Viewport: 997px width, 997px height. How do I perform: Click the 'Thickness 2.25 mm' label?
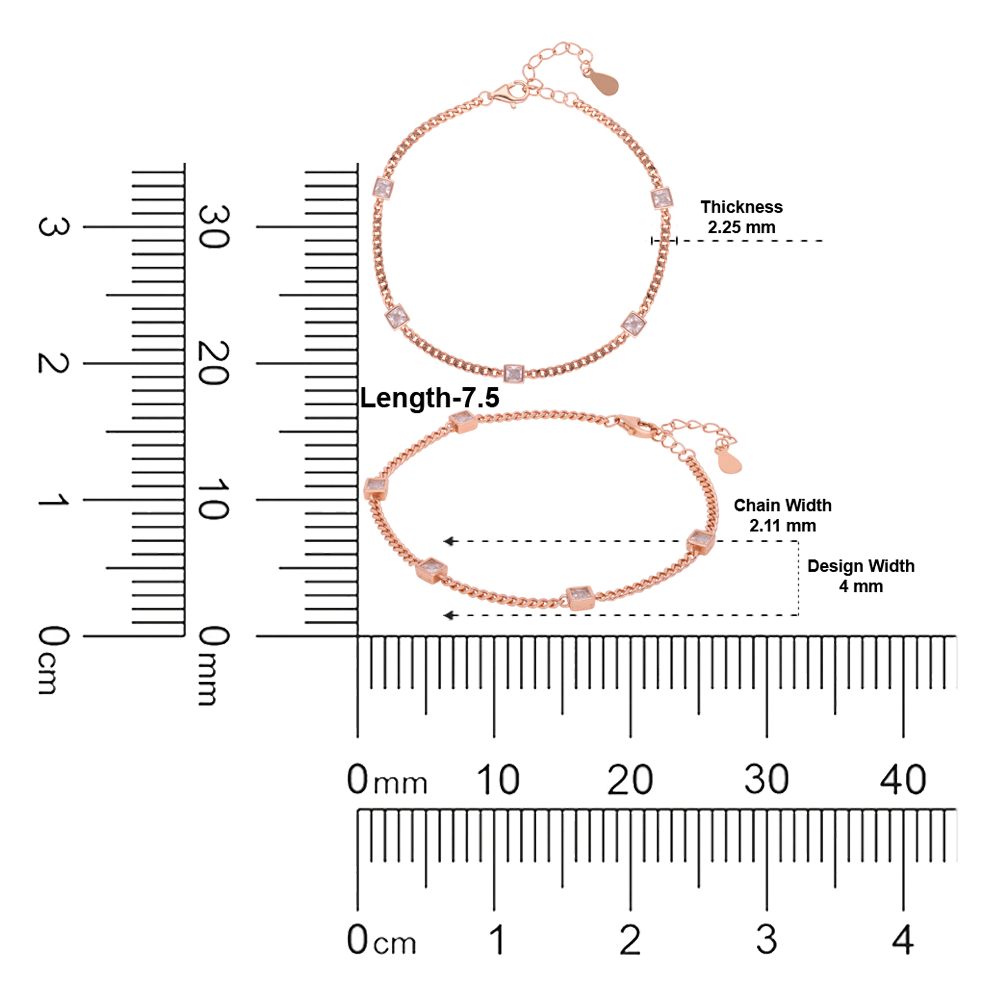741,217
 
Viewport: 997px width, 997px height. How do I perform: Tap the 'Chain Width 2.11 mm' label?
782,515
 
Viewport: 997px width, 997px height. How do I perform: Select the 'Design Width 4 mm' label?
861,576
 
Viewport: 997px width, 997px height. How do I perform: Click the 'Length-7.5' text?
430,398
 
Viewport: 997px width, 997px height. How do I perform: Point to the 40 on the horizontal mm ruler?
903,780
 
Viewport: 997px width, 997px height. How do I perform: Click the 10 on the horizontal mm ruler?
497,780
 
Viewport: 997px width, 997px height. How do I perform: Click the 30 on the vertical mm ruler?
213,227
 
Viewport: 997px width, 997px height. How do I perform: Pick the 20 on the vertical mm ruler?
213,363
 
